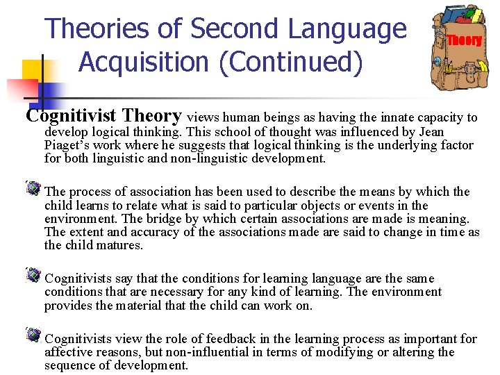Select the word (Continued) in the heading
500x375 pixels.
click(x=291, y=62)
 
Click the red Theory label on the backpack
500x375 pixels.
click(x=464, y=40)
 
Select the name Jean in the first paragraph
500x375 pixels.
click(x=430, y=132)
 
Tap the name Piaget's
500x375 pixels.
click(x=70, y=145)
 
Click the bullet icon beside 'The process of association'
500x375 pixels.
click(x=33, y=188)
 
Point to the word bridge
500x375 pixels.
click(x=156, y=219)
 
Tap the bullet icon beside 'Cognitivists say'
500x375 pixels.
click(x=33, y=275)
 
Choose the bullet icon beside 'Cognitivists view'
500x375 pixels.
click(x=33, y=335)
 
